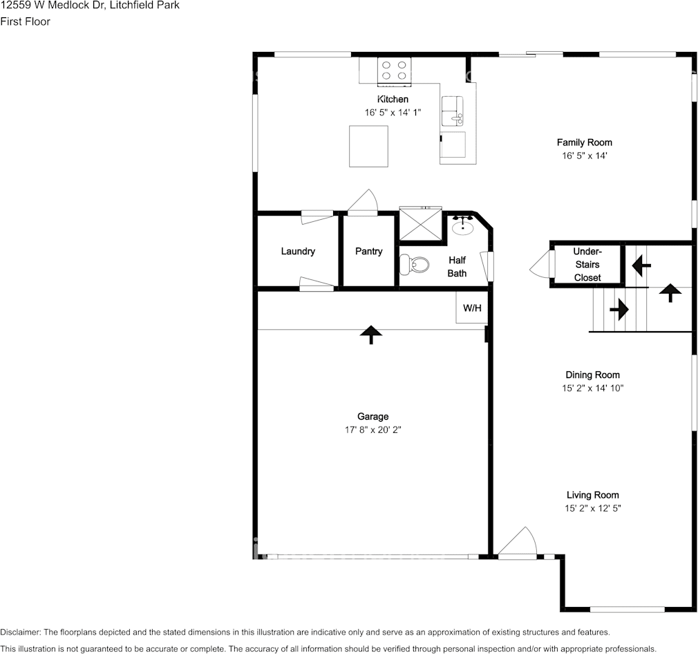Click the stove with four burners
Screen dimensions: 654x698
[x=394, y=71]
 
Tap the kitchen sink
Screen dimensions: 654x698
[x=453, y=111]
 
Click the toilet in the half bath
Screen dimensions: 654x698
[x=413, y=264]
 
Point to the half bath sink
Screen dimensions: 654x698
[x=462, y=226]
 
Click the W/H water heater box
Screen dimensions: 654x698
[x=472, y=308]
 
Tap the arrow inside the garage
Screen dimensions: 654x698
[x=371, y=335]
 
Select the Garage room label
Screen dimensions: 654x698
[x=372, y=416]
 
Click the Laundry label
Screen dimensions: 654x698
[x=298, y=251]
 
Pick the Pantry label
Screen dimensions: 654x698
[x=368, y=251]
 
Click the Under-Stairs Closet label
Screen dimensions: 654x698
[x=587, y=264]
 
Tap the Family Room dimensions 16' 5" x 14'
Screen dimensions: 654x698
[x=585, y=156]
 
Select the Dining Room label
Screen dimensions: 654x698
[x=592, y=375]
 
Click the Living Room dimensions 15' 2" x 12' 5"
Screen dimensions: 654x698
[x=592, y=508]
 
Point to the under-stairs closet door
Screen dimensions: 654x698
[x=540, y=264]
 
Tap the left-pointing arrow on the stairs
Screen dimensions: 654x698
[x=641, y=264]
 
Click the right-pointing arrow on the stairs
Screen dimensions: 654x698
[x=619, y=308]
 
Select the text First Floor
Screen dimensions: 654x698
[x=25, y=21]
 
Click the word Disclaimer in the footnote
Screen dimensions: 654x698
[x=20, y=632]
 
